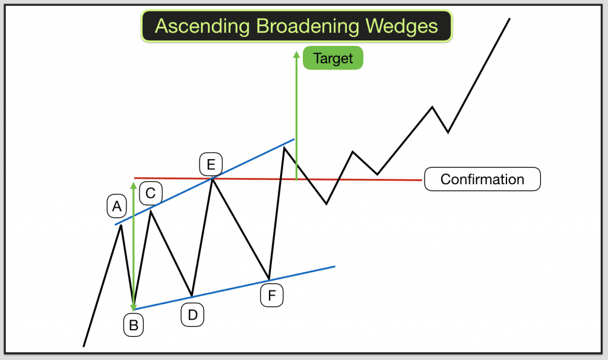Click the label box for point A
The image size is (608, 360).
pos(117,206)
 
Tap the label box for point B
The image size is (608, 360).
pos(134,325)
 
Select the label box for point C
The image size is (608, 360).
pos(151,192)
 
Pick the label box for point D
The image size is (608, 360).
pos(192,315)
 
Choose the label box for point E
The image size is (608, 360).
pos(211,163)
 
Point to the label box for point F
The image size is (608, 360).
pos(272,295)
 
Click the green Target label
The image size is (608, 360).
pos(332,58)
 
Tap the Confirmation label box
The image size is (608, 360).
pos(482,179)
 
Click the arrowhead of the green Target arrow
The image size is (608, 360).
pos(296,54)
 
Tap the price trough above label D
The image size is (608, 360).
pos(192,296)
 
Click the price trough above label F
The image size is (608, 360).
pos(269,279)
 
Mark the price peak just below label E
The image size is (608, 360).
pos(211,178)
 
